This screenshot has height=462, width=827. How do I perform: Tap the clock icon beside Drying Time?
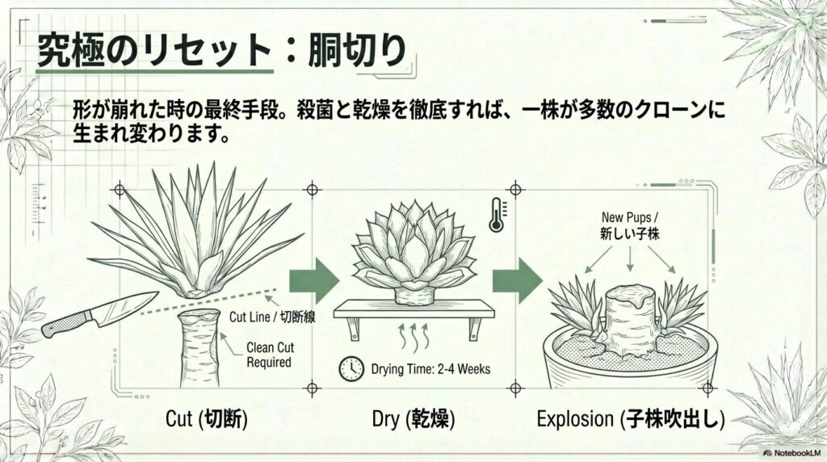[x=351, y=369]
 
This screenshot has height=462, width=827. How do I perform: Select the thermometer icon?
[x=495, y=216]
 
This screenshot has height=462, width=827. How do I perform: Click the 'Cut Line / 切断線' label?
[x=272, y=318]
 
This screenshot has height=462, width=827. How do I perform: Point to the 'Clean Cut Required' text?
[x=269, y=356]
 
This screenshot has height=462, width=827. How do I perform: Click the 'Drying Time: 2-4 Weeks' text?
[x=430, y=370]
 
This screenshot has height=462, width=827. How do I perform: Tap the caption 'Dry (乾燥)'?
[x=413, y=421]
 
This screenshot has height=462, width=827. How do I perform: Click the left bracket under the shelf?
[x=352, y=327]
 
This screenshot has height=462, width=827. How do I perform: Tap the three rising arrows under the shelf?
[x=413, y=332]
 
